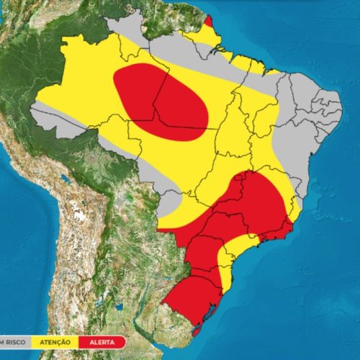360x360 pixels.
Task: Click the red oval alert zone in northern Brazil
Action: pos(162,101)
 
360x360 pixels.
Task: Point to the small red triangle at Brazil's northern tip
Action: pos(207,22)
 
